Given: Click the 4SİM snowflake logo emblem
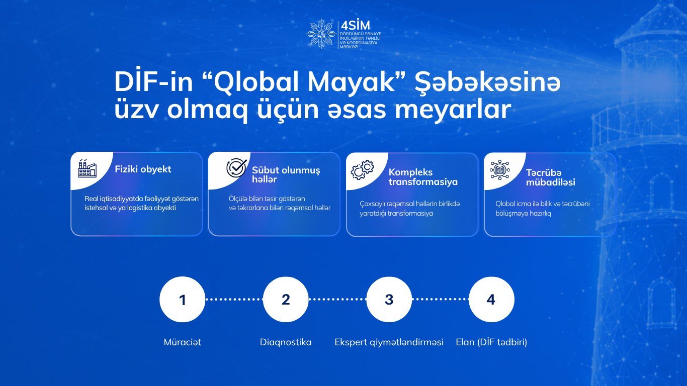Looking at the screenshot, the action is pos(321,34).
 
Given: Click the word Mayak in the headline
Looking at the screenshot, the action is pos(351,82).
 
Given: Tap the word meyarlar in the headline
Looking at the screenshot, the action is pos(453,110).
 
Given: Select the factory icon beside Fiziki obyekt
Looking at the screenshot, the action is pos(88,168).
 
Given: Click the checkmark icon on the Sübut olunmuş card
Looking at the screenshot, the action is pos(236,168).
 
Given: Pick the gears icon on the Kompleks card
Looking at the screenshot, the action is pos(363,169).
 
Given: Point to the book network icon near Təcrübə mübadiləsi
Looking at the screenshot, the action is pos(500,169).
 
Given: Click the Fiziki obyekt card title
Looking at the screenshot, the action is pos(143,169).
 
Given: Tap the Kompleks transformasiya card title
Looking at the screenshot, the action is pos(423,177).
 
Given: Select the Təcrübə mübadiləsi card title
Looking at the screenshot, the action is pos(551,177).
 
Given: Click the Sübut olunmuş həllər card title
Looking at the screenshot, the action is pos(286,174).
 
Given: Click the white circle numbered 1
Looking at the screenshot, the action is pos(183,299).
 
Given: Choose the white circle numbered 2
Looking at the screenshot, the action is pos(286,299).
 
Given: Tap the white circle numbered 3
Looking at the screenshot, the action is pos(389,299).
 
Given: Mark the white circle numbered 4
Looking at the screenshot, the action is pos(492,299).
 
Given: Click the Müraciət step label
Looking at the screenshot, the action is pos(183,342).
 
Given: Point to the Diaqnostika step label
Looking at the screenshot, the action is pos(286,342).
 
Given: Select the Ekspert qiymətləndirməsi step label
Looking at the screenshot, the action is pos(389,342).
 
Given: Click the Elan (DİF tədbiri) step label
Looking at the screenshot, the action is pos(491,342).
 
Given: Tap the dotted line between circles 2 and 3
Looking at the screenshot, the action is pos(337,299).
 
